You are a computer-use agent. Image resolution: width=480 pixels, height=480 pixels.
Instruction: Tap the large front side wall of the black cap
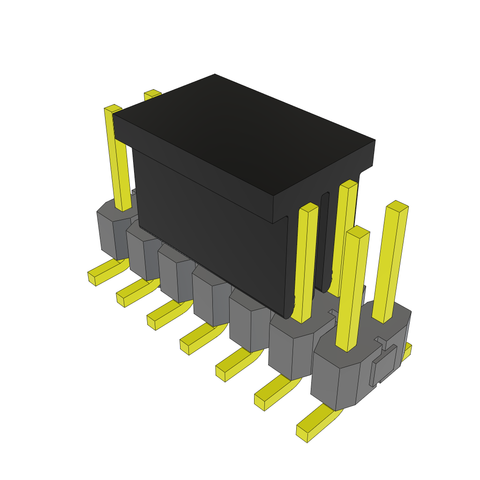pos(211,225)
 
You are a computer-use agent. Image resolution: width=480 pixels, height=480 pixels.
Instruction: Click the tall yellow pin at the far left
pos(118,159)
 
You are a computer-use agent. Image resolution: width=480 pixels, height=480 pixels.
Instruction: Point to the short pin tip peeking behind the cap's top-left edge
pos(152,94)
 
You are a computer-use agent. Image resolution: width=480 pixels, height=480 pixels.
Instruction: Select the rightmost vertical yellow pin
pos(390,262)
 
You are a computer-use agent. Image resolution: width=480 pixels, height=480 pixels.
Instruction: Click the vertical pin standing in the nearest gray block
pos(352,291)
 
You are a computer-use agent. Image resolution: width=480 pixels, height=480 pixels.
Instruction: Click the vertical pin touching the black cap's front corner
pos(307,262)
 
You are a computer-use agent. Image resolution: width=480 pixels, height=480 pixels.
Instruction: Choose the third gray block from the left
pos(176,277)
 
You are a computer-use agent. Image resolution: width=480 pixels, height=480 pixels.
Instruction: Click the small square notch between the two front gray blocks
pos(333,312)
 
